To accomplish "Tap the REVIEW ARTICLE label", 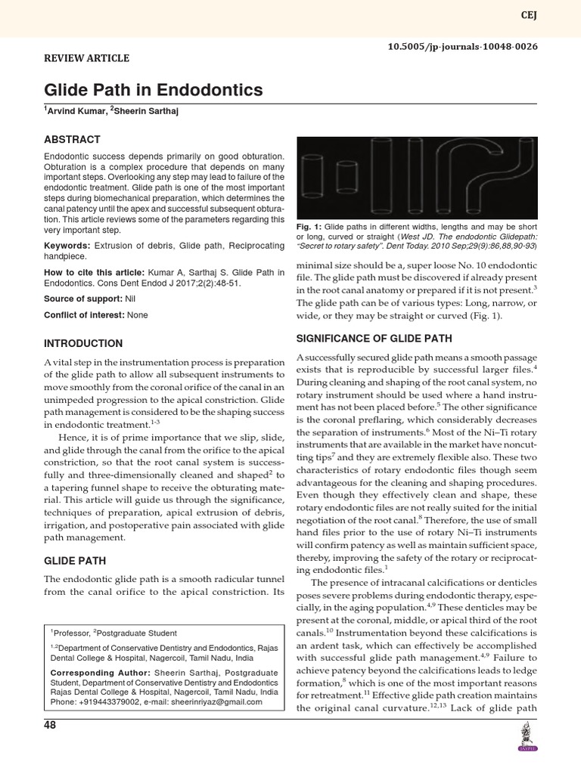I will point(86,58).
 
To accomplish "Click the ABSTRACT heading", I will point(72,140).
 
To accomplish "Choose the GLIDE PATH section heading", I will point(74,562).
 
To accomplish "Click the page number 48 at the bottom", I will point(50,726).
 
